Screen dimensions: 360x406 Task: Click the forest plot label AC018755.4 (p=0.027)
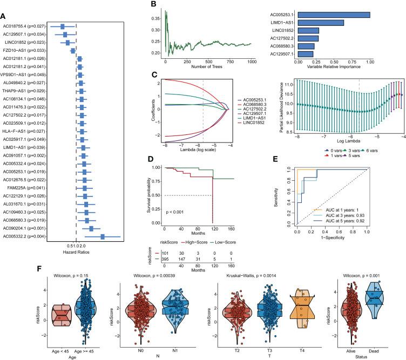24,26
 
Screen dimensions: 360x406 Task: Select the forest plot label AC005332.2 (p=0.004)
24,236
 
